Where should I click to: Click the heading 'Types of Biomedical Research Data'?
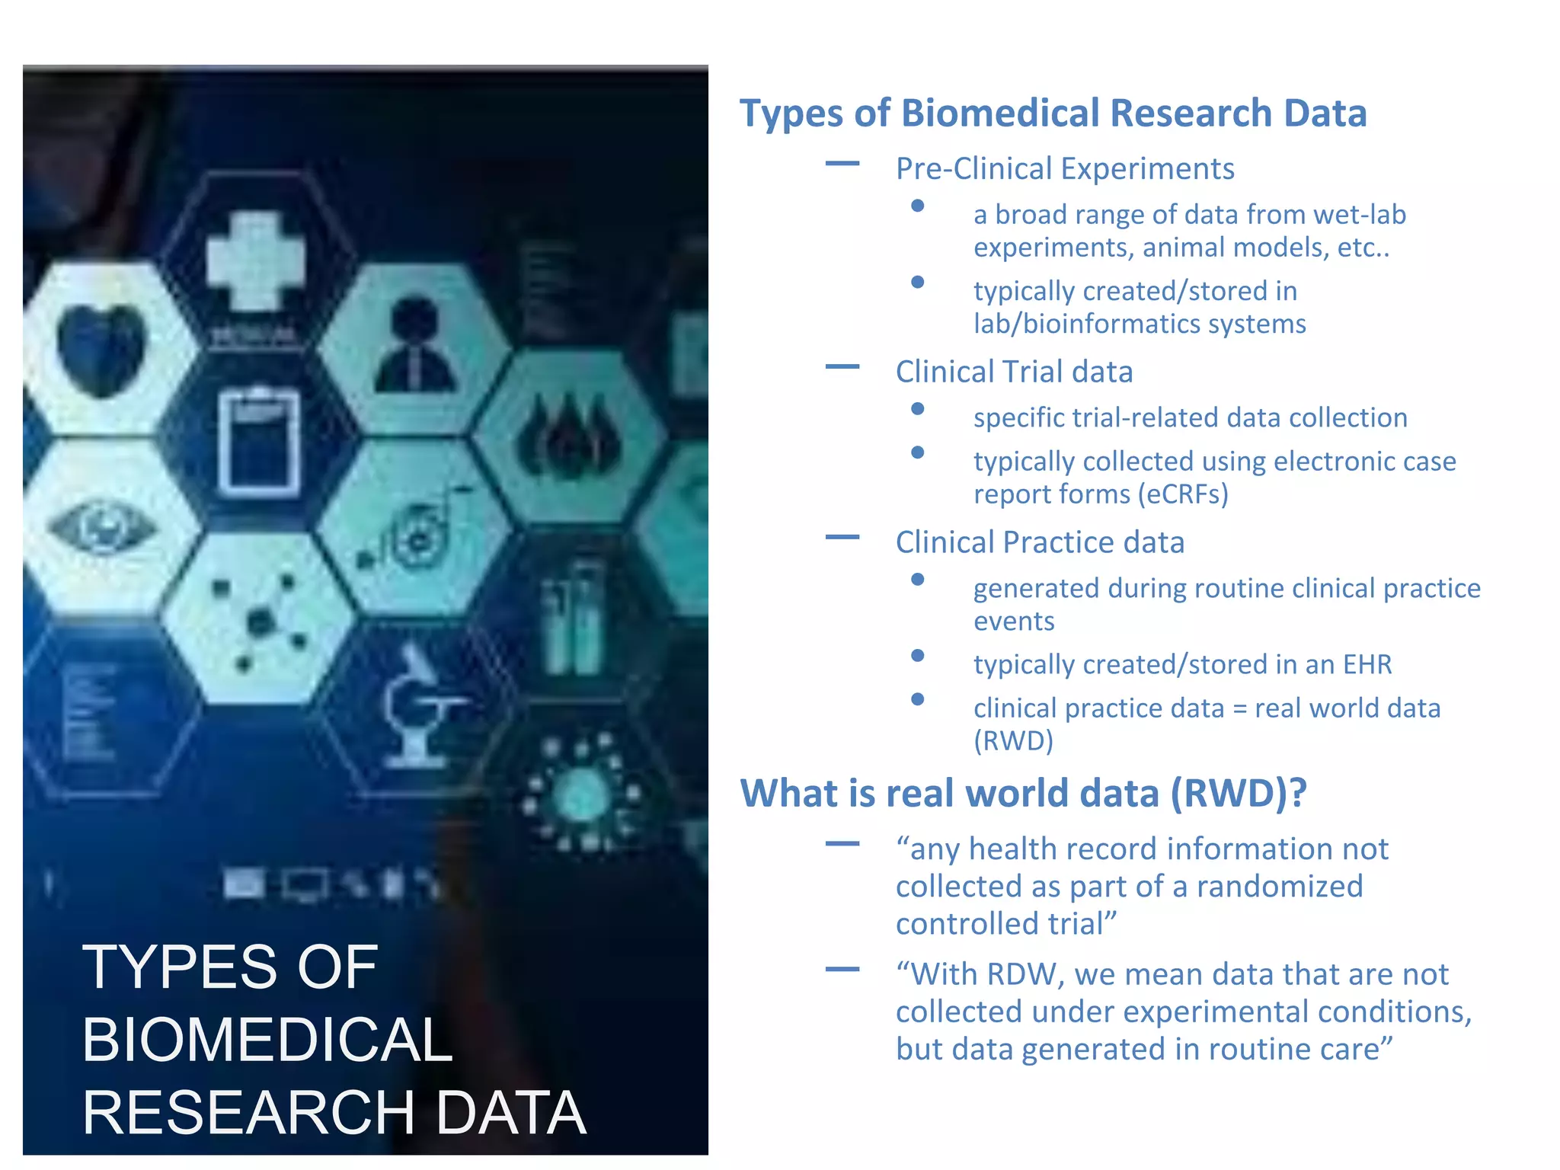pos(1053,113)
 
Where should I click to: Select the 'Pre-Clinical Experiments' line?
pos(1064,169)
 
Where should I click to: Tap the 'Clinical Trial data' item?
pos(1014,372)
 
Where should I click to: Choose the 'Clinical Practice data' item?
pos(1040,543)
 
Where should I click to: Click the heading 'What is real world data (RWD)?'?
pos(1023,794)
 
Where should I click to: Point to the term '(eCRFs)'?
pos(1183,495)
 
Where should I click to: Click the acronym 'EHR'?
pos(1367,665)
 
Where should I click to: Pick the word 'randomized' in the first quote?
pos(1279,887)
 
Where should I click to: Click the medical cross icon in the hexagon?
pos(256,261)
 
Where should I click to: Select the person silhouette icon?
pos(414,347)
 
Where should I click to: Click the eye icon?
pos(102,527)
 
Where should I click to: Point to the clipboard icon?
pos(259,442)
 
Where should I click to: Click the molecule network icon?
pos(259,621)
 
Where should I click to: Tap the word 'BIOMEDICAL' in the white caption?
pos(267,1041)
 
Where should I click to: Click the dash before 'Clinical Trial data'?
pos(842,367)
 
